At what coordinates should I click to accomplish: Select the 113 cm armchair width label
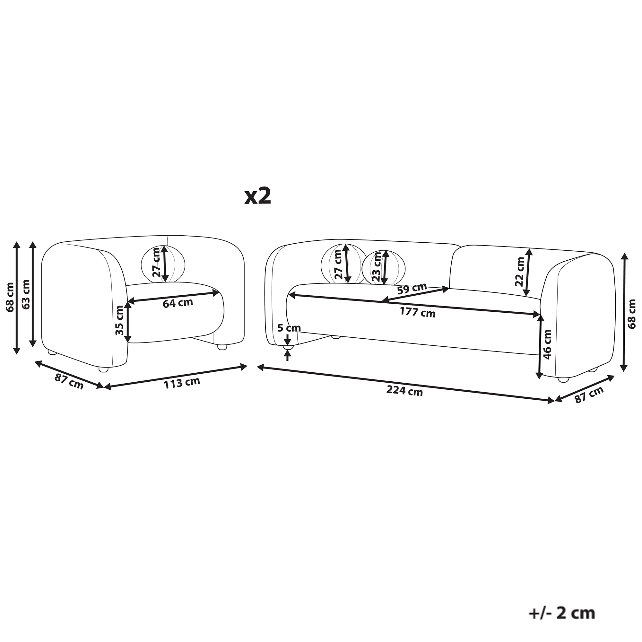click(182, 383)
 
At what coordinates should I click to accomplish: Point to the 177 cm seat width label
click(417, 312)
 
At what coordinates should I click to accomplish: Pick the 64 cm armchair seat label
click(178, 303)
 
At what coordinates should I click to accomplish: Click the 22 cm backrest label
click(519, 272)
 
